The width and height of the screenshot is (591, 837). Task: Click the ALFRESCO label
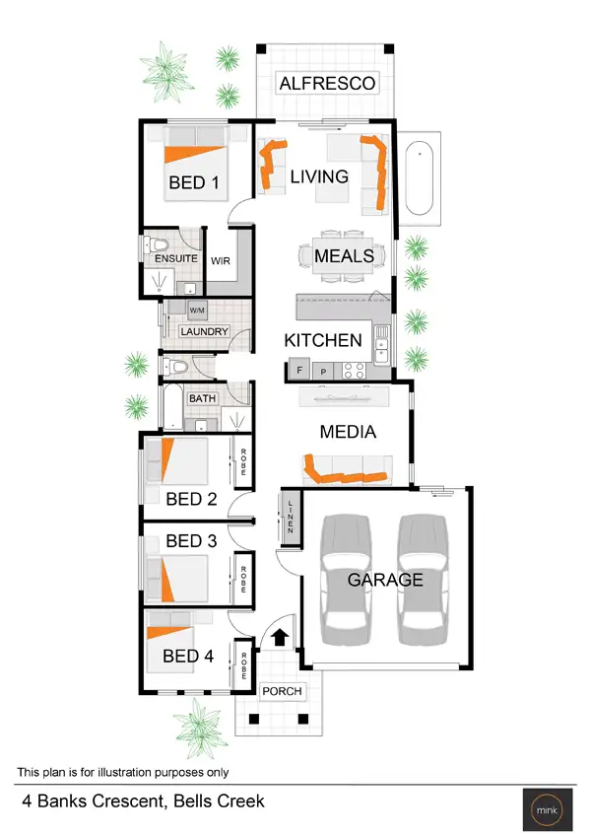(x=327, y=84)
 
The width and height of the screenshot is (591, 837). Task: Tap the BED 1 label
(x=194, y=182)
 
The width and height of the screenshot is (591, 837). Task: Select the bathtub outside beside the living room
(x=420, y=178)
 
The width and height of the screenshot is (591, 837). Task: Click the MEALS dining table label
(x=344, y=256)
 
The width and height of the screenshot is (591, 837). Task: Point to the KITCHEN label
(x=323, y=340)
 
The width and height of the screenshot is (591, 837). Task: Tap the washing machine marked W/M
(x=196, y=310)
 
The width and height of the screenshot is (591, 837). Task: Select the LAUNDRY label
(x=205, y=332)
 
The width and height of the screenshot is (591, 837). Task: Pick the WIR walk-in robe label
(x=221, y=260)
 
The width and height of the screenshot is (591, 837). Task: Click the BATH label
(x=202, y=399)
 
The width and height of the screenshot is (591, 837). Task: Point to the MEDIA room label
(x=348, y=432)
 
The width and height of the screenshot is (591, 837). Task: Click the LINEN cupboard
(x=291, y=515)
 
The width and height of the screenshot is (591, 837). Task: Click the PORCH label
(x=282, y=691)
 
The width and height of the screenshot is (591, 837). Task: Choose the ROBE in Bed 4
(x=243, y=662)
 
